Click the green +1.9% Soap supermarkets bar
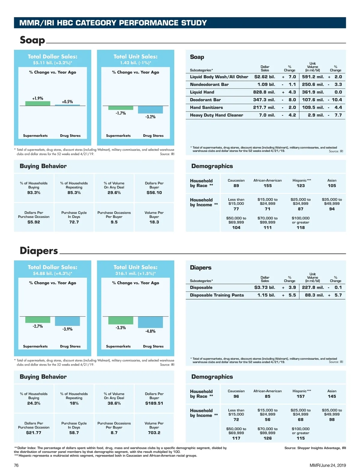tap(37, 103)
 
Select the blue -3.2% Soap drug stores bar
tap(150, 110)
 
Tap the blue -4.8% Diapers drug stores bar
tap(150, 322)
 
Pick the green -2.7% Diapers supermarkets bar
tap(37, 320)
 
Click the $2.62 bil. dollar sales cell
tap(264, 77)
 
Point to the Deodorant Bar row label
tap(205, 100)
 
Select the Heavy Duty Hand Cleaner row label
tap(216, 115)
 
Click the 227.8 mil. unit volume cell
tap(313, 288)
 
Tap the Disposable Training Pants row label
tap(217, 295)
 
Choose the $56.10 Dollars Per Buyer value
tap(154, 193)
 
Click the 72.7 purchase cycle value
tap(74, 222)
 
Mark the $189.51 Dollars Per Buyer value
tap(154, 404)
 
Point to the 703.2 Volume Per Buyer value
tap(154, 433)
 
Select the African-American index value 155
tap(267, 186)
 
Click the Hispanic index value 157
tap(301, 397)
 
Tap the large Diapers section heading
tap(39, 251)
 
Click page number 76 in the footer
tap(16, 465)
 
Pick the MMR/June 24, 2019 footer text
tap(328, 465)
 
